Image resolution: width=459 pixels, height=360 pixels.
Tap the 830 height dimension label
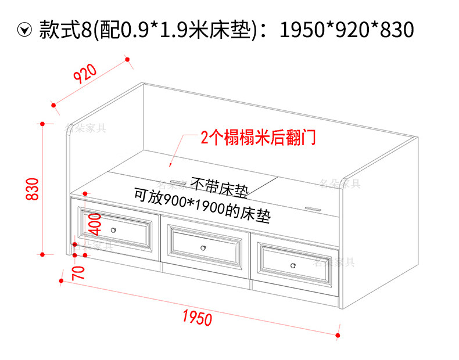pyautogui.click(x=33, y=189)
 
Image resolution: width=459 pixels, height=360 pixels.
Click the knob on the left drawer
pyautogui.click(x=114, y=231)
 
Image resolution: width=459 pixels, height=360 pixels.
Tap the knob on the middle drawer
pyautogui.click(x=203, y=248)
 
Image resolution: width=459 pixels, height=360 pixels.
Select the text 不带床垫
pyautogui.click(x=220, y=187)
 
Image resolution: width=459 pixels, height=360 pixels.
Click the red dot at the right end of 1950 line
pyautogui.click(x=338, y=334)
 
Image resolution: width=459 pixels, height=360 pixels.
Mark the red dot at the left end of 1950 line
pyautogui.click(x=61, y=280)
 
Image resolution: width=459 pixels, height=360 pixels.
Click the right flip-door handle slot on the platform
pyautogui.click(x=312, y=207)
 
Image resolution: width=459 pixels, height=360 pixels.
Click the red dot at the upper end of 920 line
pyautogui.click(x=127, y=59)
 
